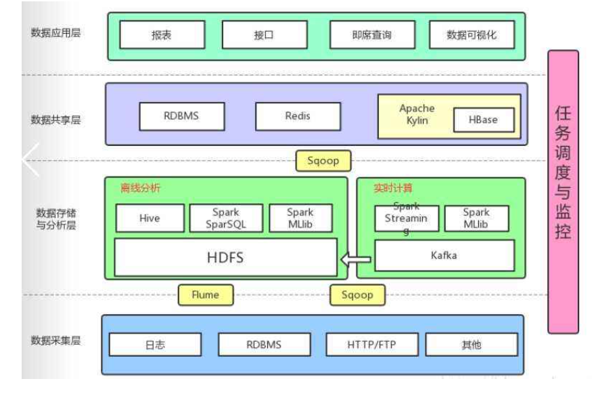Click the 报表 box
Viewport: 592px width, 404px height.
[162, 35]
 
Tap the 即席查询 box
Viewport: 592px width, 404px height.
[371, 35]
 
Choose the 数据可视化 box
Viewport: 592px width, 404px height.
[471, 35]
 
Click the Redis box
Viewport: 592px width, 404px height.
[298, 116]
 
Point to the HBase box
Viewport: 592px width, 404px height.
[483, 120]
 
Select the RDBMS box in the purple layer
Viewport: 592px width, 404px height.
[181, 116]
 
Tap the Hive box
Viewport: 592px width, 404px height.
[150, 219]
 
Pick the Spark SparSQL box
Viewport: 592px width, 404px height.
[226, 219]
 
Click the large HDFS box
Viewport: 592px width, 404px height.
[225, 257]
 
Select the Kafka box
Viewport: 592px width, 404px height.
[444, 256]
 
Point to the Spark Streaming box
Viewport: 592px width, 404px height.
[407, 218]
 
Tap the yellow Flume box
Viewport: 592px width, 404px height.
[205, 295]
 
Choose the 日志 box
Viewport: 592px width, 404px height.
[155, 345]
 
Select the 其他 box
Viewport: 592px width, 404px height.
[471, 345]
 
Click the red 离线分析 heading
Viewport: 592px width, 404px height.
[141, 188]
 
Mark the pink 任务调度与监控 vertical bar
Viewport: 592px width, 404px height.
[562, 192]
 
